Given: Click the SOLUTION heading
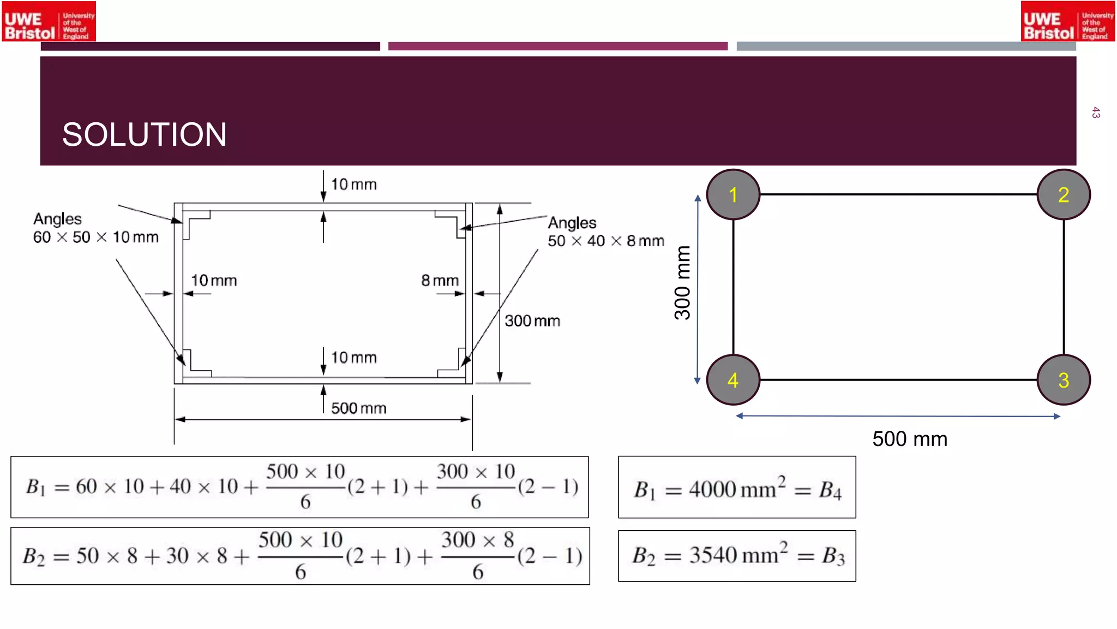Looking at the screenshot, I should point(144,134).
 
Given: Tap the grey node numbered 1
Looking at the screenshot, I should point(733,194).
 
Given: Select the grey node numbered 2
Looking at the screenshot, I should point(1064,194).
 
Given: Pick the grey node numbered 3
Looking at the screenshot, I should point(1064,380).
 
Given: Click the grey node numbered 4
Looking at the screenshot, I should point(733,380).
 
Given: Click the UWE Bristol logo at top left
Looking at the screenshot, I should point(49,21).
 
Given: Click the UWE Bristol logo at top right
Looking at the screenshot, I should point(1067,21).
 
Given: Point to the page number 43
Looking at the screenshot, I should point(1096,113).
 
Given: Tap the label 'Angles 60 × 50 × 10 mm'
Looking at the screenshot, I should point(95,228).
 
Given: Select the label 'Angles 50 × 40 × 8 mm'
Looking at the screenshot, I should point(605,232).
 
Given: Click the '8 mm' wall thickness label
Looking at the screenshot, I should point(440,281).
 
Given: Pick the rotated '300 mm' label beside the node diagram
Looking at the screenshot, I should point(682,283).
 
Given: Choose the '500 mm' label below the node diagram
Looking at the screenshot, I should point(910,439).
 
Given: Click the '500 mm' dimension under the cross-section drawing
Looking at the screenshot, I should point(358,408).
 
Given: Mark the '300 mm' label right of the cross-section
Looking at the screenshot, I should point(532,321).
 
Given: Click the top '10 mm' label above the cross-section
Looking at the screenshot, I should point(353,185).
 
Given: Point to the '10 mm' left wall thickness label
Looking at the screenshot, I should point(213,281).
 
